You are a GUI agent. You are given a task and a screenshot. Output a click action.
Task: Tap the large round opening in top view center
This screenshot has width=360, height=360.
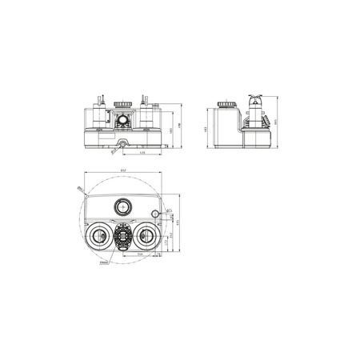pos(122,205)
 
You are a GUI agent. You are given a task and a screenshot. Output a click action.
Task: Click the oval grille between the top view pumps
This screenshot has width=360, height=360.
pos(122,237)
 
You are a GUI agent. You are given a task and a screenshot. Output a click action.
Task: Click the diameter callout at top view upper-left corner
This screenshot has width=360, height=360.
pos(81,189)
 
